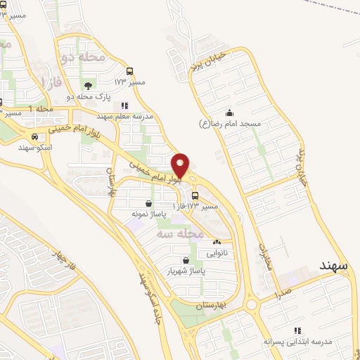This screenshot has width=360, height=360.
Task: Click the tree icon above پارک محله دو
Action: click(87, 84)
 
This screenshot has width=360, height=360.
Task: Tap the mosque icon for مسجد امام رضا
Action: click(229, 112)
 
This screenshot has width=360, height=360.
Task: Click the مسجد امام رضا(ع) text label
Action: click(230, 124)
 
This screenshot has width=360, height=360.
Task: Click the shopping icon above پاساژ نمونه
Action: click(148, 202)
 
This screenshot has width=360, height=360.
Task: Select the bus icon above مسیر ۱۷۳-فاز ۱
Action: click(195, 196)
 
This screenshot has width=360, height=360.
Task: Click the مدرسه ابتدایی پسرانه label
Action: click(296, 341)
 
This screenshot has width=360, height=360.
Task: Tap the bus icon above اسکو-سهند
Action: click(34, 137)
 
